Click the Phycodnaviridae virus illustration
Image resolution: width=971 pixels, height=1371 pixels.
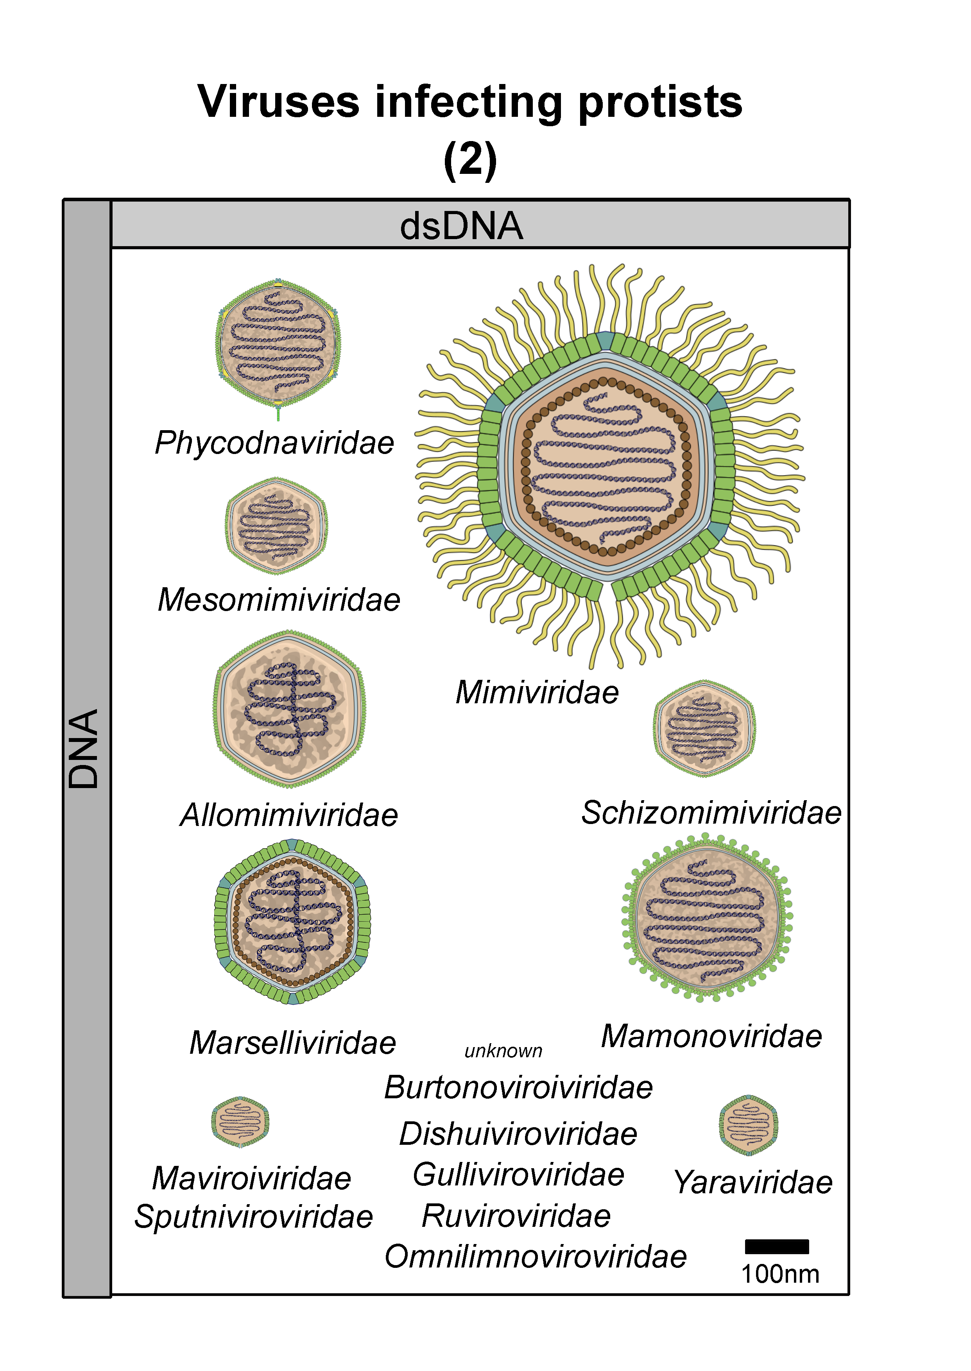(278, 347)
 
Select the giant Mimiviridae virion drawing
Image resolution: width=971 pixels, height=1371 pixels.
(610, 466)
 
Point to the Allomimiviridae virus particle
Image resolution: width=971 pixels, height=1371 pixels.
(289, 709)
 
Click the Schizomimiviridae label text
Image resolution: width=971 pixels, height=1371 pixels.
(711, 813)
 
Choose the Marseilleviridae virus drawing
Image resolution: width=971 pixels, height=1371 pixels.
(292, 922)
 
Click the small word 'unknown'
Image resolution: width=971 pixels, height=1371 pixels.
(503, 1051)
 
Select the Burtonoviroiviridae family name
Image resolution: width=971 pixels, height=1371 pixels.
(518, 1087)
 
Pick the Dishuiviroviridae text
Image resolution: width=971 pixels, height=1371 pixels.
(518, 1134)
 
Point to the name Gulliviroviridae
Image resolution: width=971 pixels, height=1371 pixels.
(518, 1174)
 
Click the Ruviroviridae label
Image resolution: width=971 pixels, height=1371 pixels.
(516, 1215)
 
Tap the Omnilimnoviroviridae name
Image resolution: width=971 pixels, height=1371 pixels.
(536, 1256)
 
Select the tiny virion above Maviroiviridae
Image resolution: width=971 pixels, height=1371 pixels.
(240, 1122)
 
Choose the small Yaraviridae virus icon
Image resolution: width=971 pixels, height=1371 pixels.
(749, 1125)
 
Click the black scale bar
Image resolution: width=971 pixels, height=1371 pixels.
(777, 1247)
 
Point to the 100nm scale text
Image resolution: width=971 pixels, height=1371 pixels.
(780, 1274)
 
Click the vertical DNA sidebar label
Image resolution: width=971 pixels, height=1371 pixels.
(83, 749)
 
